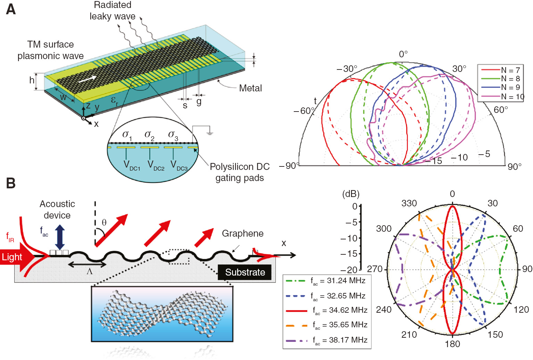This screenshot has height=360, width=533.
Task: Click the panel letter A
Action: pyautogui.click(x=11, y=9)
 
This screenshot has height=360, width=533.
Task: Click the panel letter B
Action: pyautogui.click(x=11, y=183)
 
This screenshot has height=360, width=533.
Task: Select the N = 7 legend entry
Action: pyautogui.click(x=500, y=70)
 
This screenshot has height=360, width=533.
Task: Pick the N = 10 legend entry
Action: pyautogui.click(x=502, y=97)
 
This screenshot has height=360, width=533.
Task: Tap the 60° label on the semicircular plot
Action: pyautogui.click(x=501, y=110)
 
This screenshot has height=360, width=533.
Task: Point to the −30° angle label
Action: pyautogui.click(x=347, y=69)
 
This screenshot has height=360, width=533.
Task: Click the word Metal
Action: pyautogui.click(x=250, y=88)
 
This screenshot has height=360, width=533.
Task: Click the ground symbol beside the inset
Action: pyautogui.click(x=209, y=133)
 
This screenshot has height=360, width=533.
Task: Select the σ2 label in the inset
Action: pyautogui.click(x=149, y=135)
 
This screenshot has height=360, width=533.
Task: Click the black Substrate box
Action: pyautogui.click(x=245, y=272)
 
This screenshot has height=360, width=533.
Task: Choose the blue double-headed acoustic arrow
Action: pyautogui.click(x=60, y=237)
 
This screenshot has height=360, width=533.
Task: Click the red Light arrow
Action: pyautogui.click(x=16, y=257)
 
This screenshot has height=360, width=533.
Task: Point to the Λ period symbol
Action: pyautogui.click(x=90, y=271)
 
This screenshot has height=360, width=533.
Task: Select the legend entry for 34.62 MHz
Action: pyautogui.click(x=326, y=310)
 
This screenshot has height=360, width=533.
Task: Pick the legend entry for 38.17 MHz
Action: pyautogui.click(x=326, y=340)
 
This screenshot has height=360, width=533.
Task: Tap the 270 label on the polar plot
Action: pyautogui.click(x=375, y=269)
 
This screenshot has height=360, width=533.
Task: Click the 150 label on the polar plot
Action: pyautogui.click(x=495, y=334)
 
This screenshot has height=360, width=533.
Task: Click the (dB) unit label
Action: pyautogui.click(x=351, y=194)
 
